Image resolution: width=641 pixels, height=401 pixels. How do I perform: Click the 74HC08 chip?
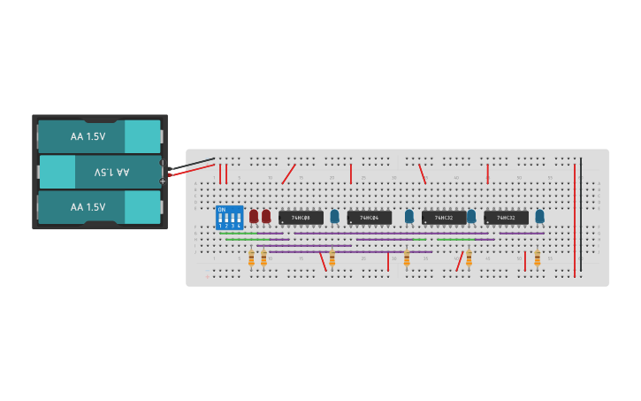point(301,217)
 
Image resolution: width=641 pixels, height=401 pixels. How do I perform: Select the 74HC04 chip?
point(369,217)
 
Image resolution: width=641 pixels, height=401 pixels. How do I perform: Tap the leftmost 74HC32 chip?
point(444,217)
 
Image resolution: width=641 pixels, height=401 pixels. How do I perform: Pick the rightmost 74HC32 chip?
point(506,217)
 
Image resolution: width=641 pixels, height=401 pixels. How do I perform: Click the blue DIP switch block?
point(229,218)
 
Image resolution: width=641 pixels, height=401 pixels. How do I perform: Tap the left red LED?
point(254,216)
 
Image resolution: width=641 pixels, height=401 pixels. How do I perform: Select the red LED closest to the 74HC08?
point(266,216)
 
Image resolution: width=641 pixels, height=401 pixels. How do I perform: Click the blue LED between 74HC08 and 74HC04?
point(334,215)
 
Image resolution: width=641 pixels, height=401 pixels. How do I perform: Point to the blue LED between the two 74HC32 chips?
point(471,215)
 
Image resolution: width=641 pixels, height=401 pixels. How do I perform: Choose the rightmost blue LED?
point(539,215)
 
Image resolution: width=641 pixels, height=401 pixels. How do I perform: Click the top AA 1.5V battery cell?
point(97,136)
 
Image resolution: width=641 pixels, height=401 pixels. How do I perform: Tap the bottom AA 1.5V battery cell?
point(97,207)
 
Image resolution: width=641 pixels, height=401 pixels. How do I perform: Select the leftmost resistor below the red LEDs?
point(251,258)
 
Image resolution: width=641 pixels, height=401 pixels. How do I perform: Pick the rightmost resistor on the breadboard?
point(537,258)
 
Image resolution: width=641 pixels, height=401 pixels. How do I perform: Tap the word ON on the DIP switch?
point(221,209)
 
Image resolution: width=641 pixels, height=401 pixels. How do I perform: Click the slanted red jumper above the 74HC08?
point(289,174)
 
